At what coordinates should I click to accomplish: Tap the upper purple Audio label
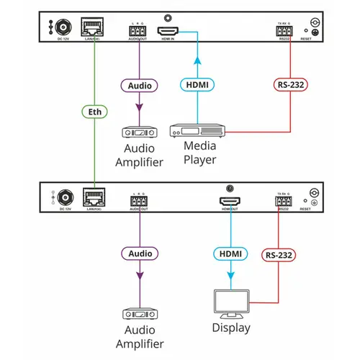click(139, 85)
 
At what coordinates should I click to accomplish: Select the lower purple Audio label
click(139, 254)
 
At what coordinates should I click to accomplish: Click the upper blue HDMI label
click(198, 85)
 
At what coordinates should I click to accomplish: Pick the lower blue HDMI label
click(230, 253)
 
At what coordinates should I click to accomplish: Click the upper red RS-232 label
click(290, 86)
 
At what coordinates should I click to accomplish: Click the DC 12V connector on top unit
click(61, 29)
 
